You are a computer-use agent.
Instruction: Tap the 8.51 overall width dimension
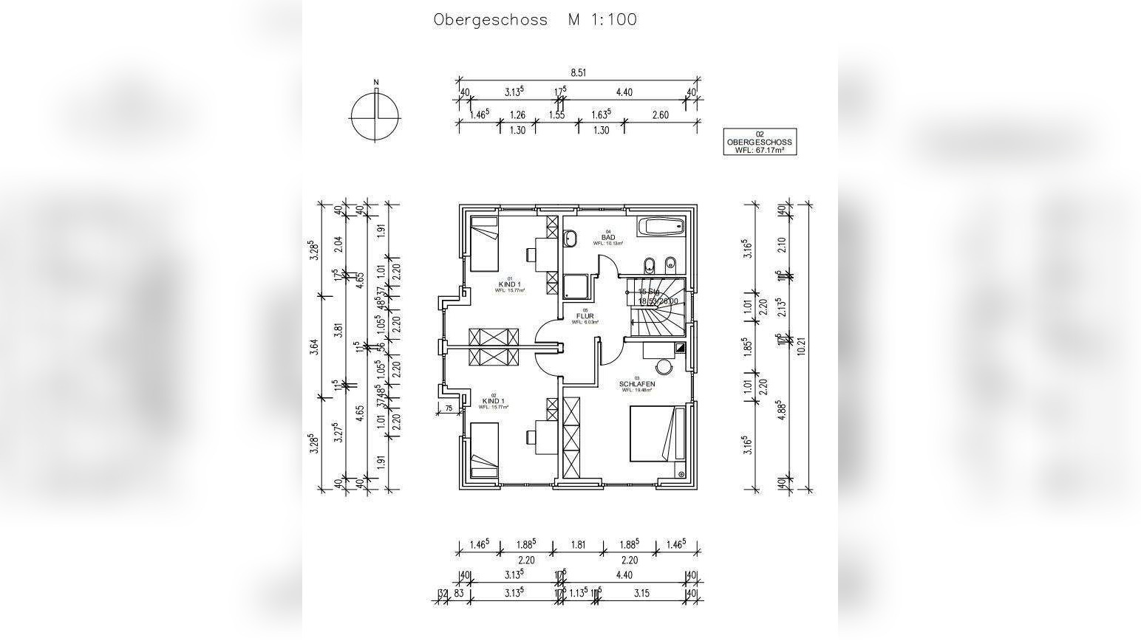pos(578,72)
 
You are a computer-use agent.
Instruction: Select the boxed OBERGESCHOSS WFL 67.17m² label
pos(760,142)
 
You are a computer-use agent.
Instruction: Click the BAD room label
pos(608,237)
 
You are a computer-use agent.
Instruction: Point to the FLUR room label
pos(585,316)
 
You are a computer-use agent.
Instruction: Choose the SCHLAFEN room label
pos(636,384)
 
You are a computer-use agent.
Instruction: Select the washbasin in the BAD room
pos(570,238)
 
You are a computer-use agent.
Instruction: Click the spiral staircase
pos(656,305)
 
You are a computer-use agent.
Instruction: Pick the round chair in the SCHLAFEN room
pos(664,367)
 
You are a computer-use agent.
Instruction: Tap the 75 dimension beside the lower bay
pos(449,408)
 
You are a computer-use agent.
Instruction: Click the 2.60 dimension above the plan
pos(661,114)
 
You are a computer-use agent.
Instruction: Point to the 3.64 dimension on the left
pos(314,346)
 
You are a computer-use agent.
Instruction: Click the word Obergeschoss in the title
pos(490,20)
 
